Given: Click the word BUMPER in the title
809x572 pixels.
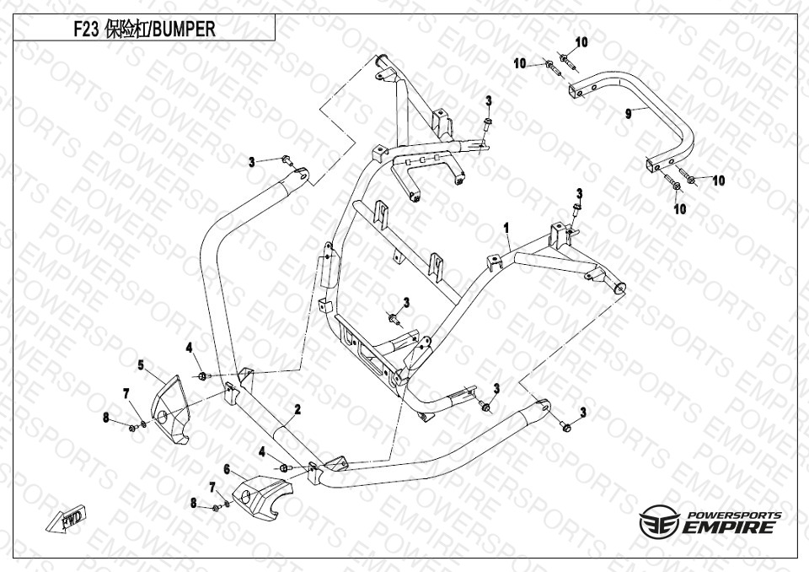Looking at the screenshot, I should [x=184, y=29].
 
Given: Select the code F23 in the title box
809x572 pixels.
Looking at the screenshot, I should [x=86, y=29].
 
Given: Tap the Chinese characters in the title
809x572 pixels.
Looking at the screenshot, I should [x=126, y=29].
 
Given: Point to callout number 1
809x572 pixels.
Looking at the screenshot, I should [x=506, y=228].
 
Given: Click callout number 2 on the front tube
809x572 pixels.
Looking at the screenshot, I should [x=297, y=410].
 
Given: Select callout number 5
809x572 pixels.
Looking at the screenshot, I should [x=142, y=364].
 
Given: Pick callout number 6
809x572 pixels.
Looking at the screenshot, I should [x=227, y=468].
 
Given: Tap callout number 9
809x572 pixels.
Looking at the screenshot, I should [x=628, y=113].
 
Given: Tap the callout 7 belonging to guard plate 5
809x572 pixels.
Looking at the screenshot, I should [x=126, y=394].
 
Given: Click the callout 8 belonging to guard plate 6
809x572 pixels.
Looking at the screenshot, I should [x=193, y=503].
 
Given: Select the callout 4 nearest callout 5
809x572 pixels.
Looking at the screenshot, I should [x=190, y=347].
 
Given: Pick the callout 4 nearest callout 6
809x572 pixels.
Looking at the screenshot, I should [x=262, y=453].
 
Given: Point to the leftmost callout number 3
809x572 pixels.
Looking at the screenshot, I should [x=251, y=162].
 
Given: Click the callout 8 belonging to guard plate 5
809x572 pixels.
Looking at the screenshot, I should [x=106, y=417].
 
